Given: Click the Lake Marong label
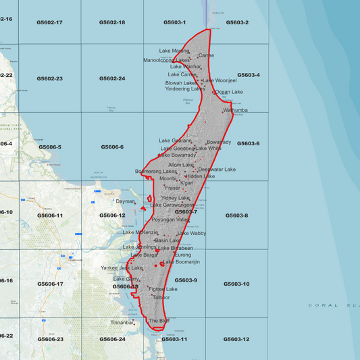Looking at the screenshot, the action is (174, 51).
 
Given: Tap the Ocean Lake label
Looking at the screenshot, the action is (229, 92).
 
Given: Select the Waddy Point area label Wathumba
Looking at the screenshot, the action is (235, 110).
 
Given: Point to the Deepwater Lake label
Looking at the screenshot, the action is (217, 170).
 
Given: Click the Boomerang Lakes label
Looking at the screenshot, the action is (155, 172).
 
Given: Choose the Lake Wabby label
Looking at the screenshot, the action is (192, 233).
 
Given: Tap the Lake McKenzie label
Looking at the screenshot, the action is (140, 232).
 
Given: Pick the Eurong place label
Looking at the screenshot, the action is (182, 255).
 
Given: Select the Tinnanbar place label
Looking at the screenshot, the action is (122, 323).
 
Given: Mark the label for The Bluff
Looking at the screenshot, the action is (159, 321).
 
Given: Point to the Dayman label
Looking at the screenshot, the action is (126, 201).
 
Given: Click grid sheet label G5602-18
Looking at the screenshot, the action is (112, 22).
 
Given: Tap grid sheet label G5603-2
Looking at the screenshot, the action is (237, 22).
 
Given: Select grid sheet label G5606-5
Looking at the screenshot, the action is (50, 147).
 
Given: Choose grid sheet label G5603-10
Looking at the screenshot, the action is (236, 284).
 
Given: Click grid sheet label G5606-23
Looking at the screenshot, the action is (50, 339).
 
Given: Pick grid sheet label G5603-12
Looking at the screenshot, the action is (236, 339).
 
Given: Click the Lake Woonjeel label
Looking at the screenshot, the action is (220, 80).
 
